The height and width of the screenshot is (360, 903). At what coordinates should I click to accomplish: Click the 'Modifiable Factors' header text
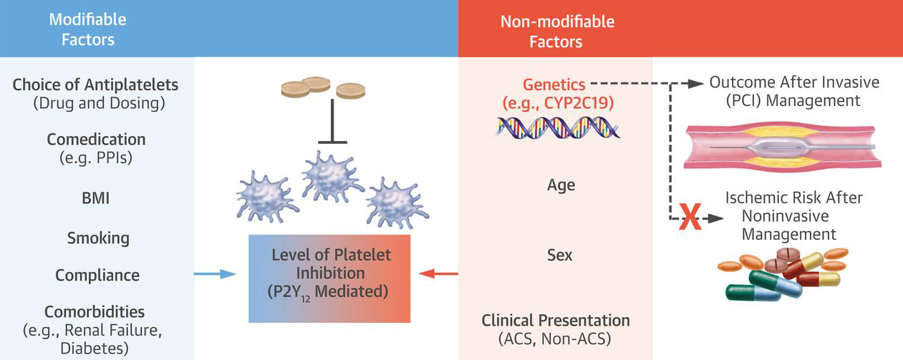(88, 29)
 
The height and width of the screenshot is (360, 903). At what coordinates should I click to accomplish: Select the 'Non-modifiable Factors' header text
(557, 31)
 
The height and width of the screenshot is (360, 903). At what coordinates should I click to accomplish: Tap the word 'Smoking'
(98, 238)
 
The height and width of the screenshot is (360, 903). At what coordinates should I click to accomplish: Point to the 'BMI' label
(95, 198)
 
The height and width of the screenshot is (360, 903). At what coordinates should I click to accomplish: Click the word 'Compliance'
(97, 276)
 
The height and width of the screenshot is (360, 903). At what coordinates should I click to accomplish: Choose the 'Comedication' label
(96, 140)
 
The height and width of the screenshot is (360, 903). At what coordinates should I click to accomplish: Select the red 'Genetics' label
(554, 84)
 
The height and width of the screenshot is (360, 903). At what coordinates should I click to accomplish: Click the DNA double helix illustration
(559, 128)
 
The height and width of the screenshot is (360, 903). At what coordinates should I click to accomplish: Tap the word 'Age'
(561, 185)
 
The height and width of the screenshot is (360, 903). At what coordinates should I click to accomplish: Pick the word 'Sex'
(559, 255)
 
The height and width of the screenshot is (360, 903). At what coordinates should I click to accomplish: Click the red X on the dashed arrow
(690, 217)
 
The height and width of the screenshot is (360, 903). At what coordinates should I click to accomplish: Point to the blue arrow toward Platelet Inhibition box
(214, 274)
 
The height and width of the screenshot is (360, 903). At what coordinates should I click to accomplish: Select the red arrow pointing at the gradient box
(438, 274)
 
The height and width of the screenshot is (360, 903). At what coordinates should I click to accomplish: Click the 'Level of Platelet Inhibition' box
(329, 278)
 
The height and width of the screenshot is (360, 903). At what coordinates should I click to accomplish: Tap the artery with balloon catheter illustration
(783, 147)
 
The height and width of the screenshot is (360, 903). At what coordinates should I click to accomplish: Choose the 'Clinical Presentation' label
(556, 321)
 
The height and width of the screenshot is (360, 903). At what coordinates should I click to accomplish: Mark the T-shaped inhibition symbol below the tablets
(332, 122)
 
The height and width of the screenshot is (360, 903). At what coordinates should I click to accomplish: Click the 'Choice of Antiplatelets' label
(95, 85)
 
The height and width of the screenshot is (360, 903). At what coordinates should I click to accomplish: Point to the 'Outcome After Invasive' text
(794, 82)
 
